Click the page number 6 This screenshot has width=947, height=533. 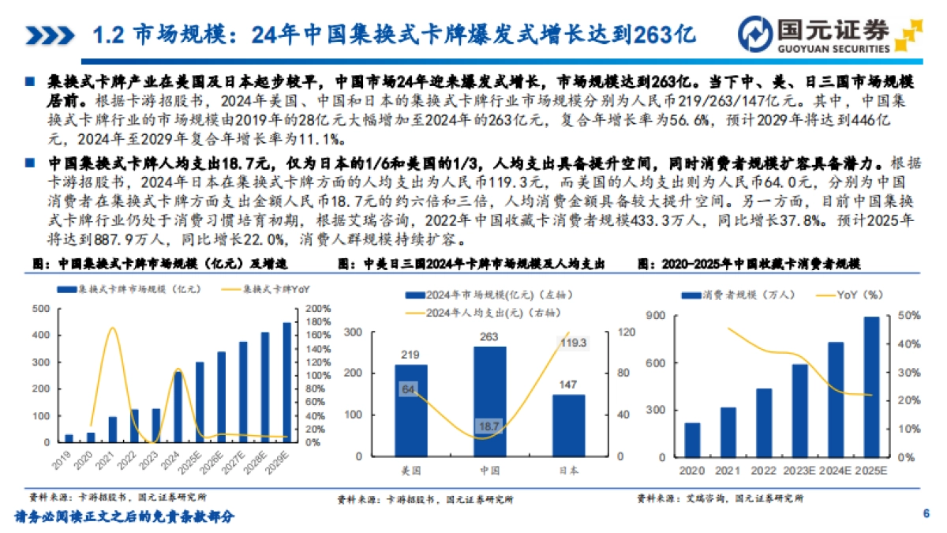926,514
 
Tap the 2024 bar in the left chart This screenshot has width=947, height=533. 178,408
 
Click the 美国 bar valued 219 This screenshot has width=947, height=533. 411,410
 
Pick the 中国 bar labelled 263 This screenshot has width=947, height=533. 490,401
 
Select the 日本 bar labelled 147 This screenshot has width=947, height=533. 568,425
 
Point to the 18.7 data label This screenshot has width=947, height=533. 489,426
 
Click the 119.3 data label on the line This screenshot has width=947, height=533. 572,343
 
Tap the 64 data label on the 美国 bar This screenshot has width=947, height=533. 407,389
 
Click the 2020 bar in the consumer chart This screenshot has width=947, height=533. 692,440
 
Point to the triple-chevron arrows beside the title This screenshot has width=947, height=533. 51,35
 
